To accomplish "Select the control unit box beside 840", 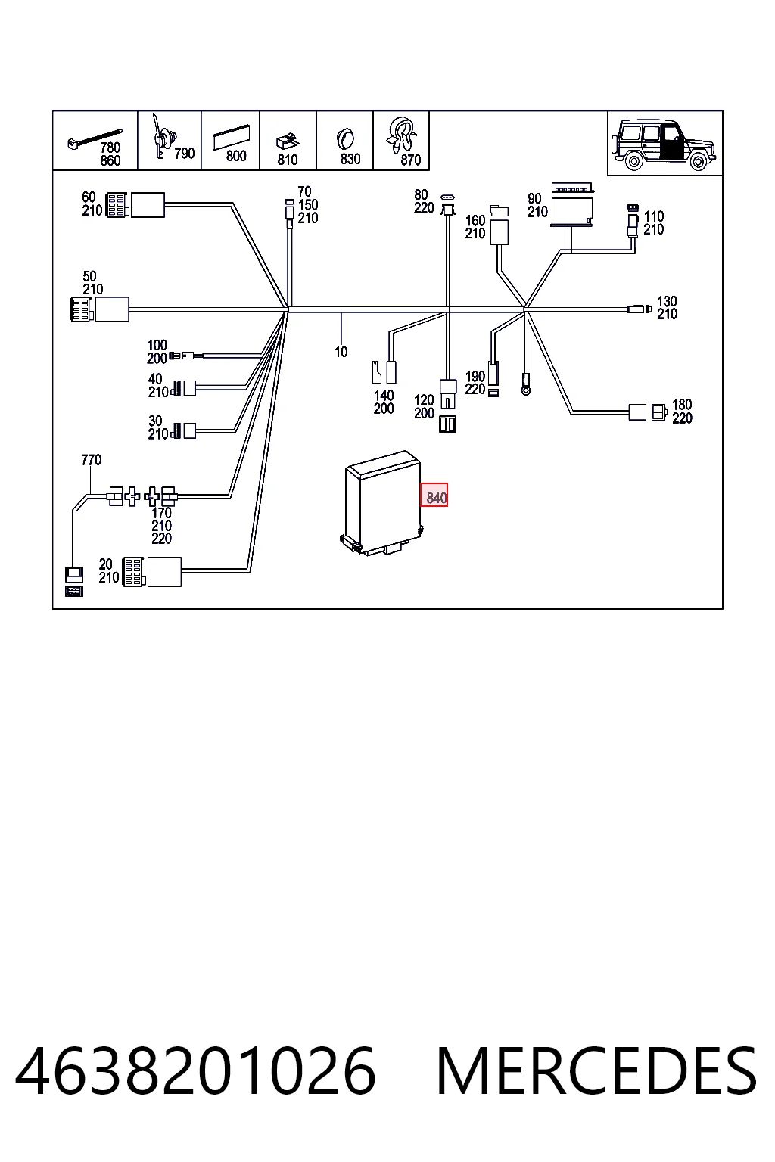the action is coord(381,502).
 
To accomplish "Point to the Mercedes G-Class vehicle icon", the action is coord(665,144).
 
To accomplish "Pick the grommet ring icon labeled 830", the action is coord(344,139).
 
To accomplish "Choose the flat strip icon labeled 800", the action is coord(231,138).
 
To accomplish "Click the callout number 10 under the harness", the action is coord(341,352).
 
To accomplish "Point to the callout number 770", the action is coord(92,460).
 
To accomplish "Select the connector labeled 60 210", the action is coord(135,205).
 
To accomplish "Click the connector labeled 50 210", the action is coord(99,309).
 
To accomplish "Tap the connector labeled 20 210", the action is coord(151,572).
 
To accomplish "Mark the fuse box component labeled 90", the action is coord(572,206).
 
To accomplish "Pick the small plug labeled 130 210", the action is coord(640,309).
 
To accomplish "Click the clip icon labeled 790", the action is coord(163,138).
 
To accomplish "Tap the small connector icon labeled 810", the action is coord(288,141).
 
